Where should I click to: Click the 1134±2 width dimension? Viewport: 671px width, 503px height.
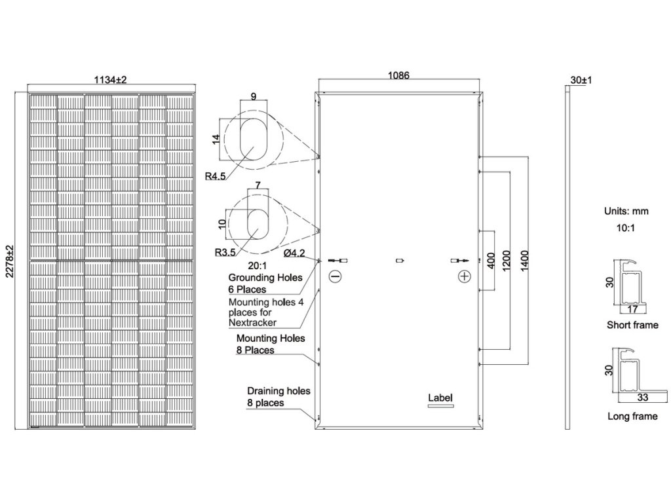coord(111,79)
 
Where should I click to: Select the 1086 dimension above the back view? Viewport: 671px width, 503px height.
coord(398,76)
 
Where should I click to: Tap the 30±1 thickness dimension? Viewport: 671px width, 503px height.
coord(581,80)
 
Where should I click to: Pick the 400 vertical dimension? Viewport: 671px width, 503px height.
coord(488,261)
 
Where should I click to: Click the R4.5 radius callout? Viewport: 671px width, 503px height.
coord(214,175)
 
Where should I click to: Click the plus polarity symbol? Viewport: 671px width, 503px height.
coord(465,277)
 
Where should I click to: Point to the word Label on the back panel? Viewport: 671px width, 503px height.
coord(440,398)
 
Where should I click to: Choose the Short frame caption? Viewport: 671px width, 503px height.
coord(632,325)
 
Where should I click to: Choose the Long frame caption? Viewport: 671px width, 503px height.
coord(632,417)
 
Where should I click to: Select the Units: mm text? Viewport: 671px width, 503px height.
coord(626,212)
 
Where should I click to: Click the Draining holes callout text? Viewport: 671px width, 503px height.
coord(278,397)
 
